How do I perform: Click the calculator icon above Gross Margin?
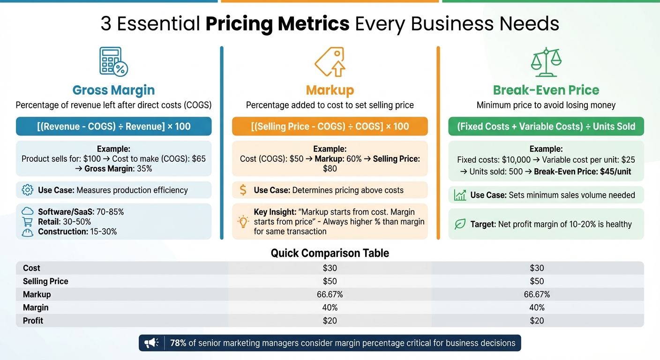pos(113,61)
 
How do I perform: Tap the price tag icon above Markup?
pos(330,61)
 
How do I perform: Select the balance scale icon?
pos(546,61)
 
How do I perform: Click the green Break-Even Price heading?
pos(546,90)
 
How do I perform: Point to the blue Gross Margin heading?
pos(113,90)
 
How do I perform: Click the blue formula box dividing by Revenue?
pos(113,127)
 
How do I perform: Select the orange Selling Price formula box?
pos(330,127)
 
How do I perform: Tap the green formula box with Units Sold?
pos(546,127)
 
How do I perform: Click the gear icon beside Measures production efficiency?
pos(28,190)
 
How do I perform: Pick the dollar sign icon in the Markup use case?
pos(243,190)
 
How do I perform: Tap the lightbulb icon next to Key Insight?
pos(243,222)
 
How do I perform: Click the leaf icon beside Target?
pos(460,224)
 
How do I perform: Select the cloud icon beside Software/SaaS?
pos(28,212)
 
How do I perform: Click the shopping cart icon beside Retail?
pos(28,222)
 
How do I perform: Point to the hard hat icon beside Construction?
pos(28,232)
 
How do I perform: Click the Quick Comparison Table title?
pos(330,253)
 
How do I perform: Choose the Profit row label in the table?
pos(33,321)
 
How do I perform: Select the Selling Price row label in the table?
pos(45,281)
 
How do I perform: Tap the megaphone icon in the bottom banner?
pos(151,343)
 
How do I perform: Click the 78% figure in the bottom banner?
pos(178,343)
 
